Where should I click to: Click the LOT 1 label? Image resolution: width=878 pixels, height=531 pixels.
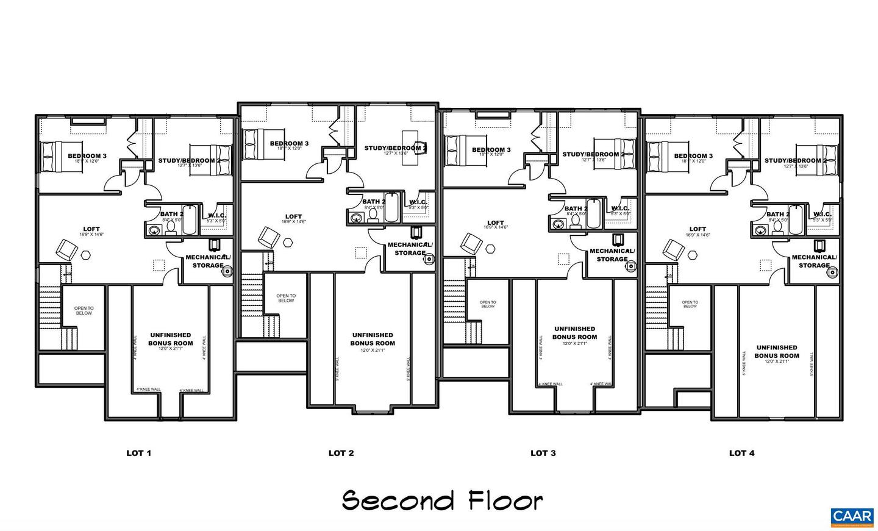[x=138, y=453]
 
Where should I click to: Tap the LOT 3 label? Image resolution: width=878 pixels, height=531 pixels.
[x=543, y=453]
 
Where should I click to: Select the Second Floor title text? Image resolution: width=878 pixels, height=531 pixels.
[x=442, y=501]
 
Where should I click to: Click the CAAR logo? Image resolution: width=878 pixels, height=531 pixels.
[x=852, y=517]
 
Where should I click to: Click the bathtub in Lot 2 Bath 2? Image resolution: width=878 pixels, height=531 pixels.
[x=391, y=208]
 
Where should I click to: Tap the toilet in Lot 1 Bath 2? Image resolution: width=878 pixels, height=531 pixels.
[x=171, y=228]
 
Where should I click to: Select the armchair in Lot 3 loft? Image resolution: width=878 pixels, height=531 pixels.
[x=470, y=244]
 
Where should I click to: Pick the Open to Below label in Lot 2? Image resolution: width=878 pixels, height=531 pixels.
[x=286, y=298]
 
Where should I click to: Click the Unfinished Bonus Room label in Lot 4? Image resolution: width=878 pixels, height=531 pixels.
[x=776, y=352]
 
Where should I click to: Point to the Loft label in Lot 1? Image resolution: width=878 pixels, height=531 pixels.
[x=91, y=230]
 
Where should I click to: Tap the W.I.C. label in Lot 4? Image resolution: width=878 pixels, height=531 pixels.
[x=822, y=214]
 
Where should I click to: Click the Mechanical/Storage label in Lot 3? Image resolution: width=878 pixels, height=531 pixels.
[x=612, y=255]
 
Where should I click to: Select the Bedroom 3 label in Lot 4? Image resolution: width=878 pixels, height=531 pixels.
[x=693, y=156]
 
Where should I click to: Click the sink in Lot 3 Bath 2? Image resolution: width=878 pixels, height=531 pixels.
[x=557, y=224]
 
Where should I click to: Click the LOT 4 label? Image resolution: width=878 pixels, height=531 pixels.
[x=741, y=453]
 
